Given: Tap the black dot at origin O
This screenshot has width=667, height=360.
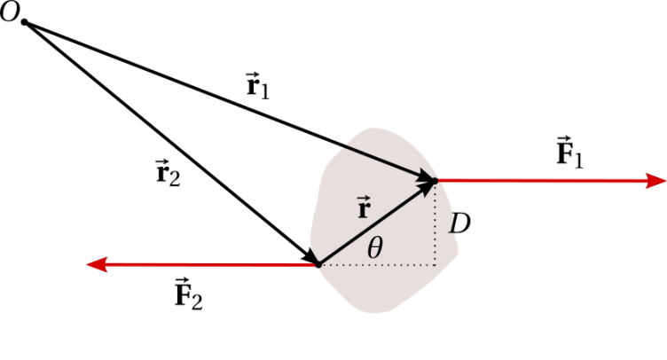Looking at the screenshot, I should click(x=25, y=21).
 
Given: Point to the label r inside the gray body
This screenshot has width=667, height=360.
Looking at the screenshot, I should click(x=361, y=209).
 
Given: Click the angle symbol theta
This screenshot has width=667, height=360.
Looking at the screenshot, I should click(x=375, y=248).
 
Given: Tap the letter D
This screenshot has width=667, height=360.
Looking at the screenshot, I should click(x=459, y=224).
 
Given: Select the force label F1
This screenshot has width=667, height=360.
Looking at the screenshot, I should click(x=569, y=154).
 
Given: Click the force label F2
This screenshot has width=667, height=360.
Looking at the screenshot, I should click(x=189, y=294).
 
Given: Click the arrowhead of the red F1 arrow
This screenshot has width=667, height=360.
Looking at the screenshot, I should click(x=656, y=181).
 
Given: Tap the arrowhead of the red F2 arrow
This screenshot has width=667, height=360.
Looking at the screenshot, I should click(x=97, y=264).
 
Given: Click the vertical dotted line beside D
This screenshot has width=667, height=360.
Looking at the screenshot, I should click(x=436, y=226).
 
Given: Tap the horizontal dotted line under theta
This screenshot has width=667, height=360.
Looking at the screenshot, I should click(x=381, y=264).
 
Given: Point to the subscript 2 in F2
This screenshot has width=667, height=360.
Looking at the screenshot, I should click(x=197, y=301).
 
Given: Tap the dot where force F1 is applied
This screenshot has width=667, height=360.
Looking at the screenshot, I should click(x=435, y=181).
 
